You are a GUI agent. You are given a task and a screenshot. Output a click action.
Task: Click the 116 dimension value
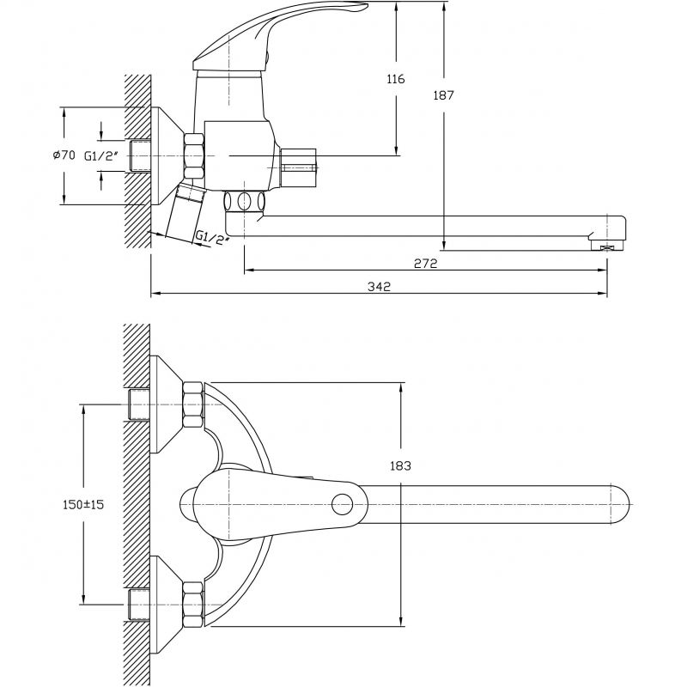point(396,79)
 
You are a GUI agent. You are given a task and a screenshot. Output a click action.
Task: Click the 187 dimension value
point(443,95)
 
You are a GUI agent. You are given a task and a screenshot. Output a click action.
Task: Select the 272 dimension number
point(425,264)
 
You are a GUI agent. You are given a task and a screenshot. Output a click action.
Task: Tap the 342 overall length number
point(379,287)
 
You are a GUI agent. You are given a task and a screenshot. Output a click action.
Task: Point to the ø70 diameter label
point(64,155)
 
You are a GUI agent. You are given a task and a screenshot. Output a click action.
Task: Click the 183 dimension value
point(400,465)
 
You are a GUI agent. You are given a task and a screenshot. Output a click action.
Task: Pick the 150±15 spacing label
point(83,504)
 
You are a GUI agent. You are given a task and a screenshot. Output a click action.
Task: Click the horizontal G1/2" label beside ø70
point(101,155)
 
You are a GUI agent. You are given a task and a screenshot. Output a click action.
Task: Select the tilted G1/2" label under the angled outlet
point(211,239)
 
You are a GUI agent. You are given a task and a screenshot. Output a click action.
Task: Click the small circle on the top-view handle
point(342,504)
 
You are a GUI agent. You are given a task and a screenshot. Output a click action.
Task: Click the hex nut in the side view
point(194,155)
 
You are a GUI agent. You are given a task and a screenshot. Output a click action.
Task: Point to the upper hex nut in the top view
point(193,404)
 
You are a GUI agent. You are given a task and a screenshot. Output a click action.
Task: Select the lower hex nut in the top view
point(193,605)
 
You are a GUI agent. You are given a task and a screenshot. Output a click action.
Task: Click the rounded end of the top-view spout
point(621,504)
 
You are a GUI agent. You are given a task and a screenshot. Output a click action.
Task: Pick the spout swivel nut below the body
point(245,202)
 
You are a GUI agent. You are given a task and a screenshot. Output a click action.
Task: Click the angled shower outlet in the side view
point(185,212)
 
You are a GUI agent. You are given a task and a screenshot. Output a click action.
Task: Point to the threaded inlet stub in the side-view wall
point(140,156)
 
